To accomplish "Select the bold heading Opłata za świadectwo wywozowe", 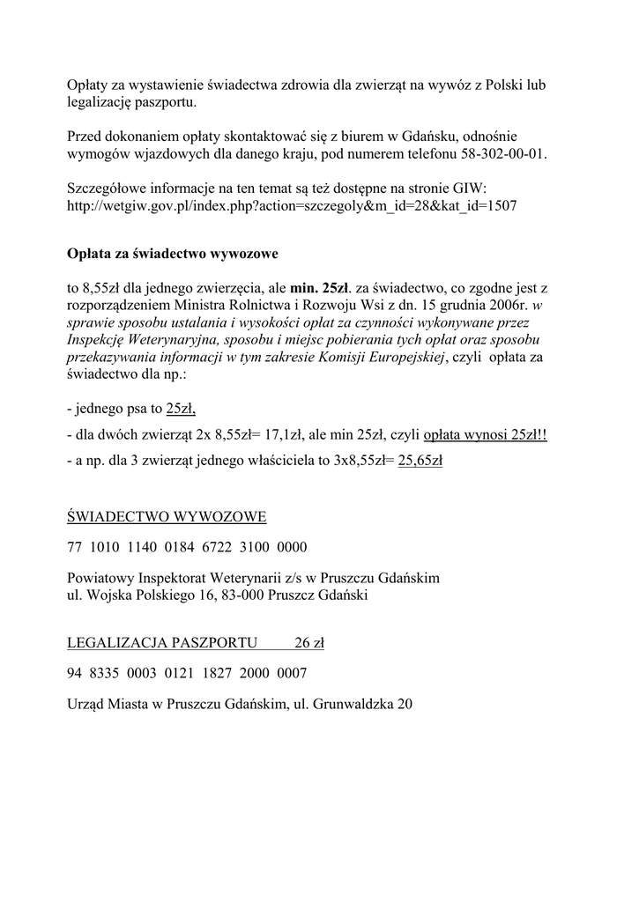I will (x=173, y=255).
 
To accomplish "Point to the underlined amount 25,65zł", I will (x=420, y=460).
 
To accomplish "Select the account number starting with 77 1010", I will (x=187, y=547).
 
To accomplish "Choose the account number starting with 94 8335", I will (x=187, y=673).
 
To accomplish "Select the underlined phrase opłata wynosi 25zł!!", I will (x=486, y=435).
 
